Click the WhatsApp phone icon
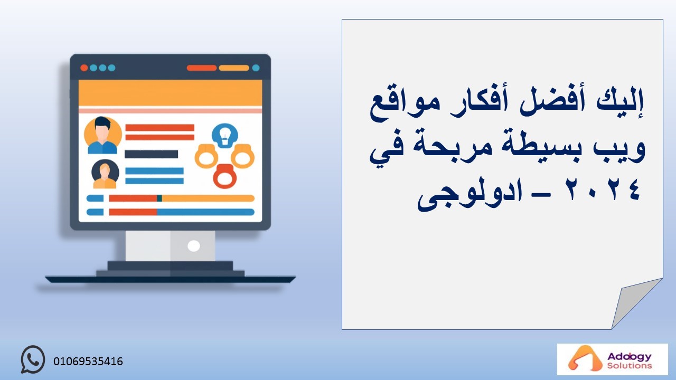(x=33, y=359)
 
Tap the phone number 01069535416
(x=88, y=362)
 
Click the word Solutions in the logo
(x=629, y=366)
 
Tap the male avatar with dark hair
(x=102, y=136)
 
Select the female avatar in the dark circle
(x=105, y=174)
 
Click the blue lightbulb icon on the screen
(x=225, y=136)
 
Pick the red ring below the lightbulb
(x=225, y=176)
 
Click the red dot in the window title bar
(x=84, y=68)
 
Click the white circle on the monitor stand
(x=194, y=246)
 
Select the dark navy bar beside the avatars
(x=151, y=154)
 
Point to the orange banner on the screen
(x=170, y=93)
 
